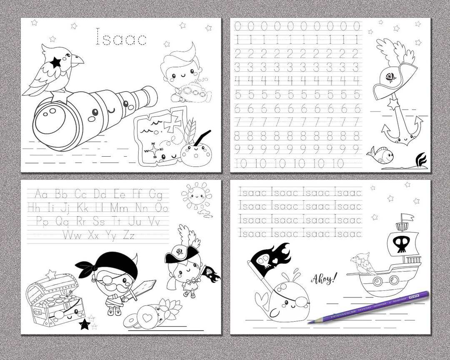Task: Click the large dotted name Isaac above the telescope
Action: click(x=121, y=37)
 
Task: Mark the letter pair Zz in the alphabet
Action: click(x=129, y=235)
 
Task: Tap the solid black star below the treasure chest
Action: click(x=85, y=324)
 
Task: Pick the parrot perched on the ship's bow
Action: click(x=364, y=264)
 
